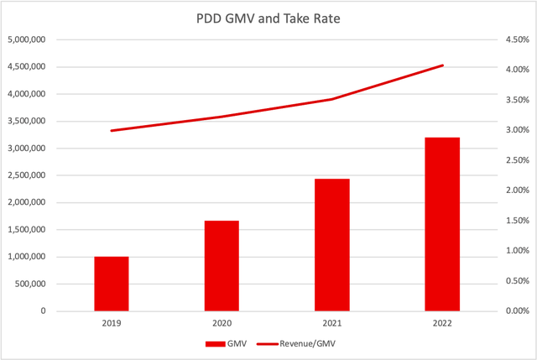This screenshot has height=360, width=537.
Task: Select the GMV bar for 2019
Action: point(111,284)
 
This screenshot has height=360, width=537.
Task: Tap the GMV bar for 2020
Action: point(222,266)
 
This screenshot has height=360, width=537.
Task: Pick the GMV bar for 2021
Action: point(331,245)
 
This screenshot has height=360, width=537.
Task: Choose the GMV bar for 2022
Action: point(442,224)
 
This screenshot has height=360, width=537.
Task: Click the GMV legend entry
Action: point(230,342)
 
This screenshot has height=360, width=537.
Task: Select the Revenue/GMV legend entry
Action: point(300,342)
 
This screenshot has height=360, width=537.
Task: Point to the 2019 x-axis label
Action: point(111,321)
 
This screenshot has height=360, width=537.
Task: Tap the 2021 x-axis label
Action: point(331,321)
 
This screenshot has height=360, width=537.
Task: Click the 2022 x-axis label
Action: point(442,321)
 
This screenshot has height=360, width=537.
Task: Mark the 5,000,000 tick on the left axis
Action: point(26,39)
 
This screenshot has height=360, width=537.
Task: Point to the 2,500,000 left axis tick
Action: point(26,175)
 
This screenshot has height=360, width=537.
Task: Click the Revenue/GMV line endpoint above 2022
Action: point(442,65)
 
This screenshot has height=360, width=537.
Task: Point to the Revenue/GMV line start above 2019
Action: point(111,131)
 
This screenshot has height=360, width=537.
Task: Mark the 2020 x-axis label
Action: point(222,321)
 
